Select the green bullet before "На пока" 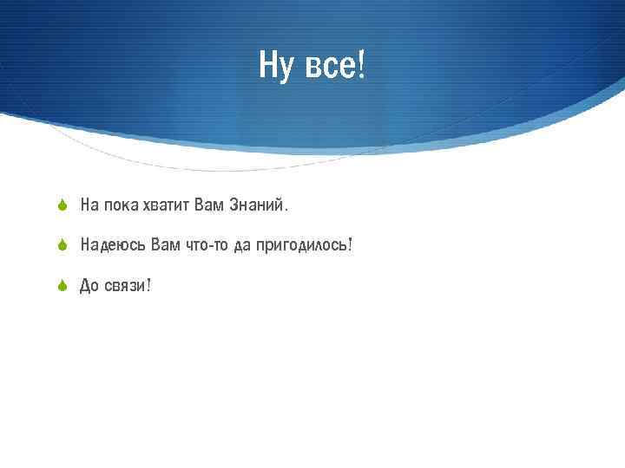pos(62,206)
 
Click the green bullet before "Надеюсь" pos(62,246)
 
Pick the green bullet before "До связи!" pos(62,286)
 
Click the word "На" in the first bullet pos(89,206)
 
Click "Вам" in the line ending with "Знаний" pos(211,206)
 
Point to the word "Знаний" pos(258,206)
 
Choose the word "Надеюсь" pos(112,246)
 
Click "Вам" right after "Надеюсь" pos(165,245)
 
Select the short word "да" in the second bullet pos(241,246)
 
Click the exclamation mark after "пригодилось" pos(350,245)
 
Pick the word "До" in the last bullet pos(89,286)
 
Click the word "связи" pos(123,287)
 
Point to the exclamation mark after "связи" pos(148,285)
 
